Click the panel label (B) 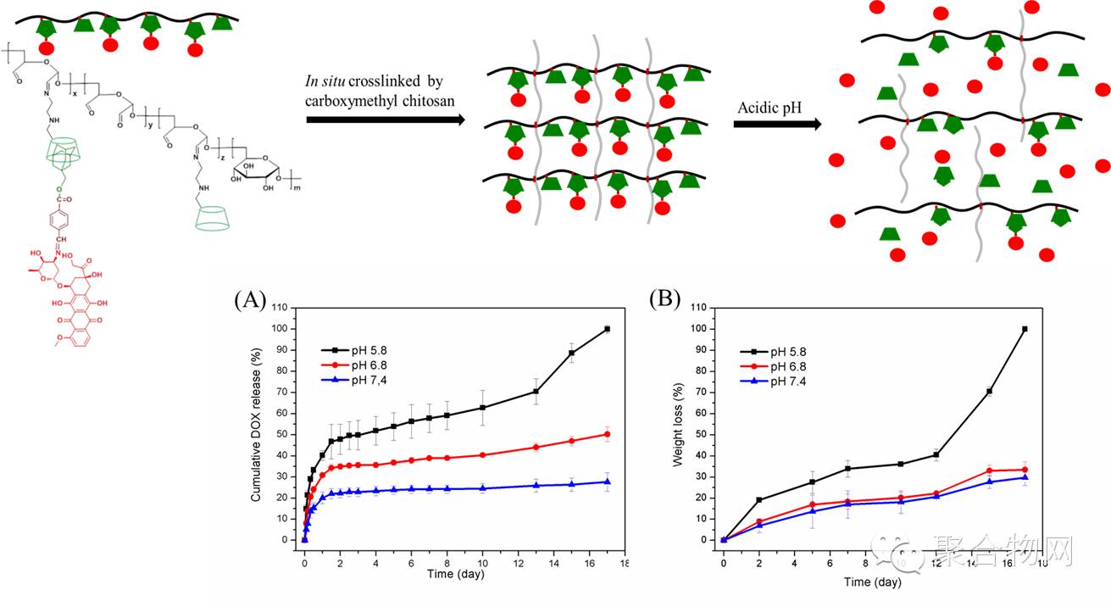click(664, 299)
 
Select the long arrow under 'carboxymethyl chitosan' click(386, 120)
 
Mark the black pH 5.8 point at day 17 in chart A click(607, 329)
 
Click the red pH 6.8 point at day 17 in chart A click(607, 434)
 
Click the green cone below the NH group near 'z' click(214, 219)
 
